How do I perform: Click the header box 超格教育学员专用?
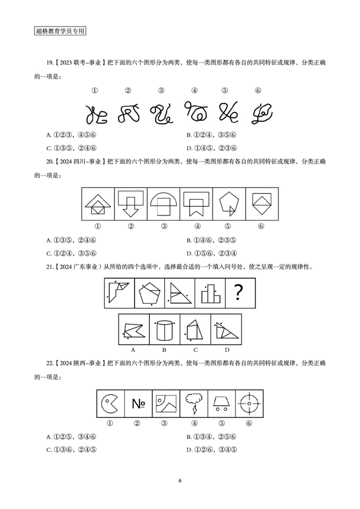tap(60, 31)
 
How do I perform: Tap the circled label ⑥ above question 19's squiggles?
tap(258, 90)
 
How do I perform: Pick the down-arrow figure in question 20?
tap(130, 203)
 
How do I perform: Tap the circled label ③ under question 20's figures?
tap(164, 226)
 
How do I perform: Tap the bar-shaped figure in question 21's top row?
tap(210, 293)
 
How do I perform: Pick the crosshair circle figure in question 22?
tap(248, 403)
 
